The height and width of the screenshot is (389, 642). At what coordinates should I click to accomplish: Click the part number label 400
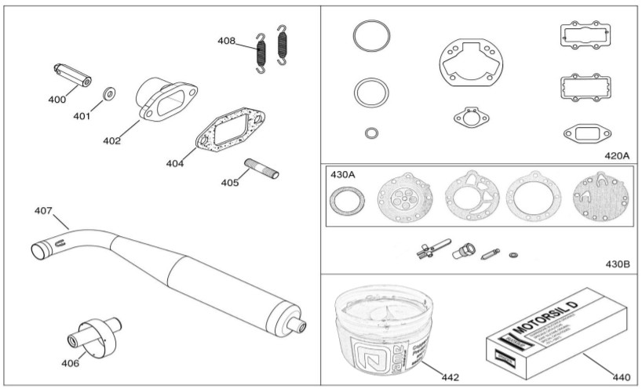57,100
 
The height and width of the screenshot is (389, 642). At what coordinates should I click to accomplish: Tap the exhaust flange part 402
160,101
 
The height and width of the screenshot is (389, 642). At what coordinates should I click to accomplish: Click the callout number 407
43,211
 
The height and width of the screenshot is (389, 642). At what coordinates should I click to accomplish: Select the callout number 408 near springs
227,41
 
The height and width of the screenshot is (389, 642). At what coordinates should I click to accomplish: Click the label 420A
617,155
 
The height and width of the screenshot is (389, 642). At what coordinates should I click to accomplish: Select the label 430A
343,175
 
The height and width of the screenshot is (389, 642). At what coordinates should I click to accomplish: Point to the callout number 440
620,377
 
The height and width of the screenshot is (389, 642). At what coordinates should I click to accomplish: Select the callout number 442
450,377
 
